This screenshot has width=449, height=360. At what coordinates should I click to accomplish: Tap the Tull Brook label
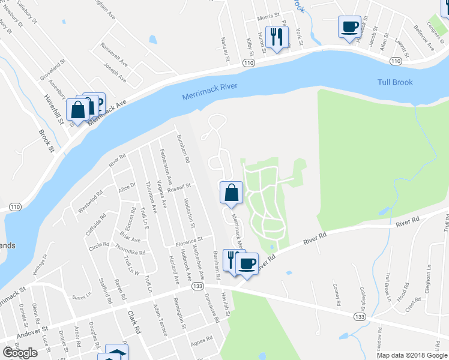click(x=395, y=82)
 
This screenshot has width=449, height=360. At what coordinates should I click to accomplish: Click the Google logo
click(x=20, y=353)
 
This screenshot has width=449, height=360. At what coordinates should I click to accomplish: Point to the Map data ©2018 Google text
click(x=412, y=355)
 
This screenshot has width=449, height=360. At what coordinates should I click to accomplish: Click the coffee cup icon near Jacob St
click(x=350, y=26)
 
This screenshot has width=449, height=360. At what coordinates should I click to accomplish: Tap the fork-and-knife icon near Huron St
click(x=276, y=37)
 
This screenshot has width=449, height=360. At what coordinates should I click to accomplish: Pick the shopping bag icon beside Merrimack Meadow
click(x=232, y=193)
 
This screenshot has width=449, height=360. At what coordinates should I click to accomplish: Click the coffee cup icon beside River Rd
click(x=247, y=263)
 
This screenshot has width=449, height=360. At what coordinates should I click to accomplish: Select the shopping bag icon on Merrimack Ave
click(x=78, y=109)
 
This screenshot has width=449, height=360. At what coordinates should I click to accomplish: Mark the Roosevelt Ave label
click(x=115, y=53)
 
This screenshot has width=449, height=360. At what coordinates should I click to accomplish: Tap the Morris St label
click(x=268, y=17)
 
